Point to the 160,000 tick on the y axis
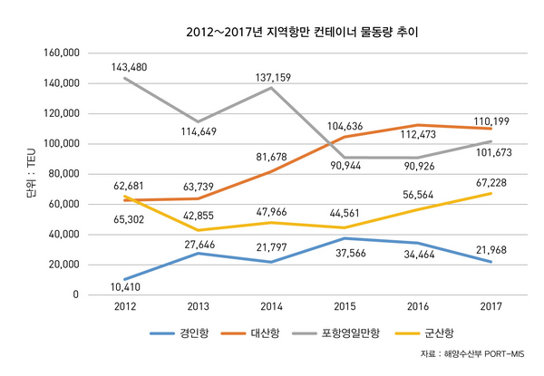point(62,53)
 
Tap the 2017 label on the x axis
point(491,307)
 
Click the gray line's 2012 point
point(123,78)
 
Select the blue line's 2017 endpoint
point(491,262)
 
